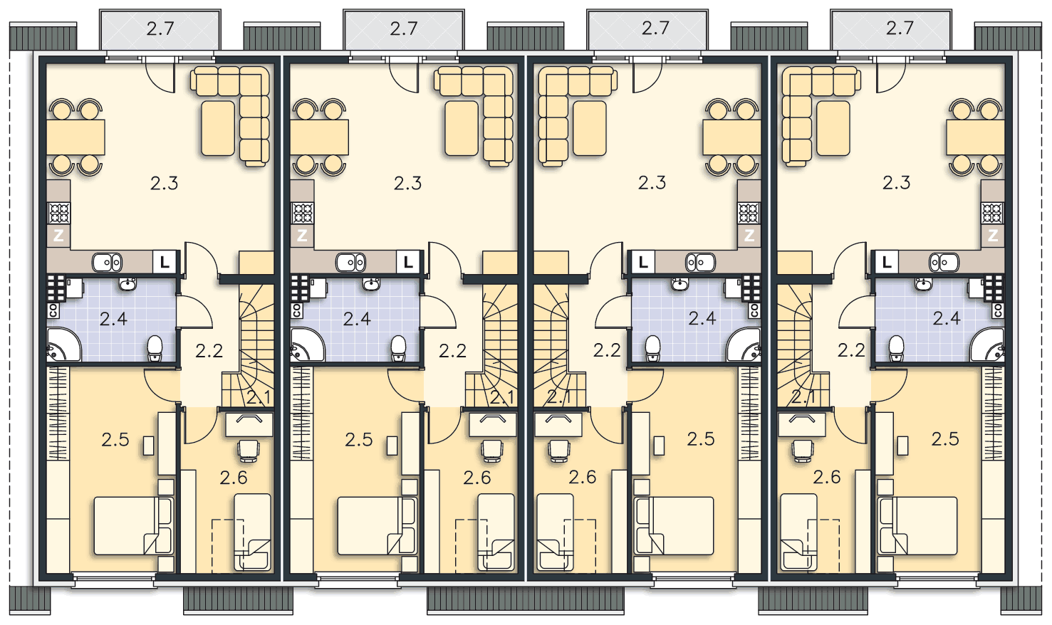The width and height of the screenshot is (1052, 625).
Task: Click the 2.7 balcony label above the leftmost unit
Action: [160, 29]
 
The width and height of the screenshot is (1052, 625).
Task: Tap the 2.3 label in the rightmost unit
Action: [896, 182]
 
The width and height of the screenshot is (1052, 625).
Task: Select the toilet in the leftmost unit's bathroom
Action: [155, 349]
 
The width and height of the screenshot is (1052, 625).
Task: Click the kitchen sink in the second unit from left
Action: [351, 262]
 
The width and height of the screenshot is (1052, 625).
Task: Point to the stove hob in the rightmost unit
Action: [992, 213]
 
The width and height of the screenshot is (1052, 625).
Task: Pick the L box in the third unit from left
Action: [643, 262]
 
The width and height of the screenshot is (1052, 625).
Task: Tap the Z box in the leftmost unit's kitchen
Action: [58, 235]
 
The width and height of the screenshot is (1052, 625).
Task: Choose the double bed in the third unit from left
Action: [674, 526]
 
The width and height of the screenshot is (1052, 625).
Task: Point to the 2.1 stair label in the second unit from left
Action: [502, 398]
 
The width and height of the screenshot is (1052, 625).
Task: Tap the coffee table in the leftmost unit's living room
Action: [218, 128]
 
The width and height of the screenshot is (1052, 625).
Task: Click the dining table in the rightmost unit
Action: [976, 137]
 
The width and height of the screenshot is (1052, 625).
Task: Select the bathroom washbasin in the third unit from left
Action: [679, 284]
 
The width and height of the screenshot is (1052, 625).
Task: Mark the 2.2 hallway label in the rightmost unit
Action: [851, 350]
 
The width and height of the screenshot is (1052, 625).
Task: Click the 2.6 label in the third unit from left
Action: [583, 477]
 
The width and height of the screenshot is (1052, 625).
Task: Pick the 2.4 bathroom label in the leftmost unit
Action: [114, 319]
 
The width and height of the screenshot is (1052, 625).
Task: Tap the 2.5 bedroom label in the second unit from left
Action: [359, 440]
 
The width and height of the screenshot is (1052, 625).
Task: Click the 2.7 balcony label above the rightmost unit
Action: [900, 28]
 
